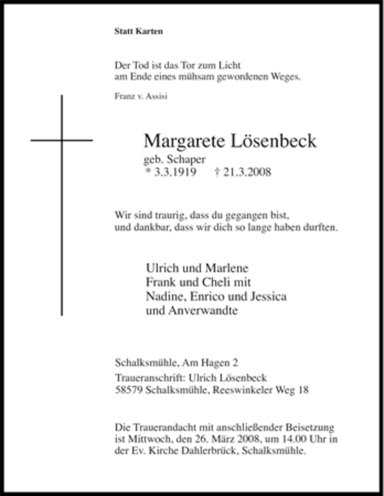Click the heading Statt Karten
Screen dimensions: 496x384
coord(139,32)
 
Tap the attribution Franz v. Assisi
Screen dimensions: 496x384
coord(141,97)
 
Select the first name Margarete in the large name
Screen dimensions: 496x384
coord(185,141)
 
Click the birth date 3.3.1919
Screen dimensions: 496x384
coord(174,173)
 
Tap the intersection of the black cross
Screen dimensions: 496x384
coord(62,141)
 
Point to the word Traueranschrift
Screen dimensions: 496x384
coord(145,377)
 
